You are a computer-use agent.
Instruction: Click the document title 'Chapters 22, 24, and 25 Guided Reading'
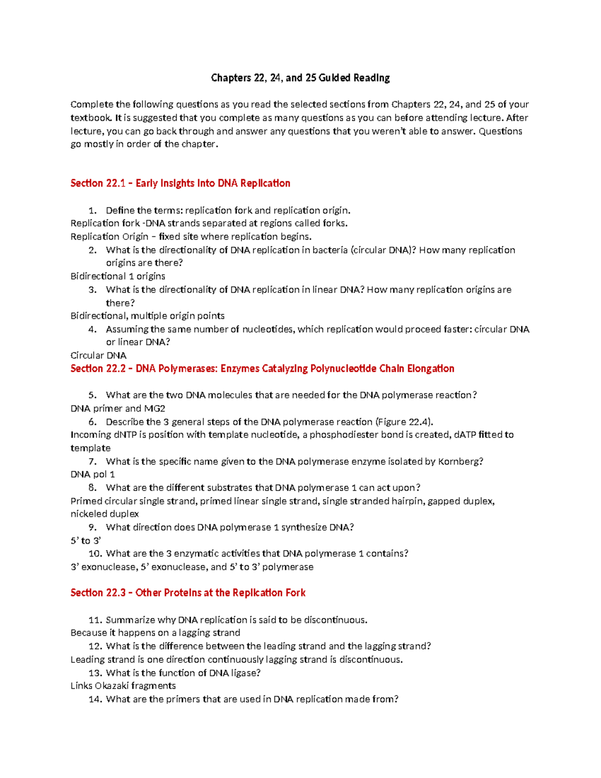[x=300, y=78]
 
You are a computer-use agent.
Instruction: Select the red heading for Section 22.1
[x=180, y=183]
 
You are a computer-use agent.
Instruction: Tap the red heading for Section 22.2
[x=262, y=369]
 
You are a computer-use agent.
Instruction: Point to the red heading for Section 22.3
[x=188, y=593]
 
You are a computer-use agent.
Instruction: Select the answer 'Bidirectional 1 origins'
[x=118, y=276]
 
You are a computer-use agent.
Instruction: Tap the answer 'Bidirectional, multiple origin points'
[x=147, y=316]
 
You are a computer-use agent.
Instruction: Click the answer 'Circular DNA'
[x=98, y=355]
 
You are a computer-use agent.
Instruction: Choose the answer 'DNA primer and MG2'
[x=118, y=408]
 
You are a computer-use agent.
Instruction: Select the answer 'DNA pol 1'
[x=93, y=474]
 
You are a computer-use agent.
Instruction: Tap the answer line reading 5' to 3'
[x=86, y=541]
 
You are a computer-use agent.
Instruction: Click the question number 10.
[x=95, y=554]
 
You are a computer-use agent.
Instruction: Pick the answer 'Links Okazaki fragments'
[x=123, y=686]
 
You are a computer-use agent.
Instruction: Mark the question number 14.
[x=95, y=699]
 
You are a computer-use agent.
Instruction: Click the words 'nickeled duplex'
[x=105, y=514]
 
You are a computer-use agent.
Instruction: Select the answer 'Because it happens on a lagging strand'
[x=155, y=633]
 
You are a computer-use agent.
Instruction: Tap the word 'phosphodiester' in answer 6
[x=343, y=435]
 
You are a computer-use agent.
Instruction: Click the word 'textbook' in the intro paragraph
[x=91, y=118]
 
